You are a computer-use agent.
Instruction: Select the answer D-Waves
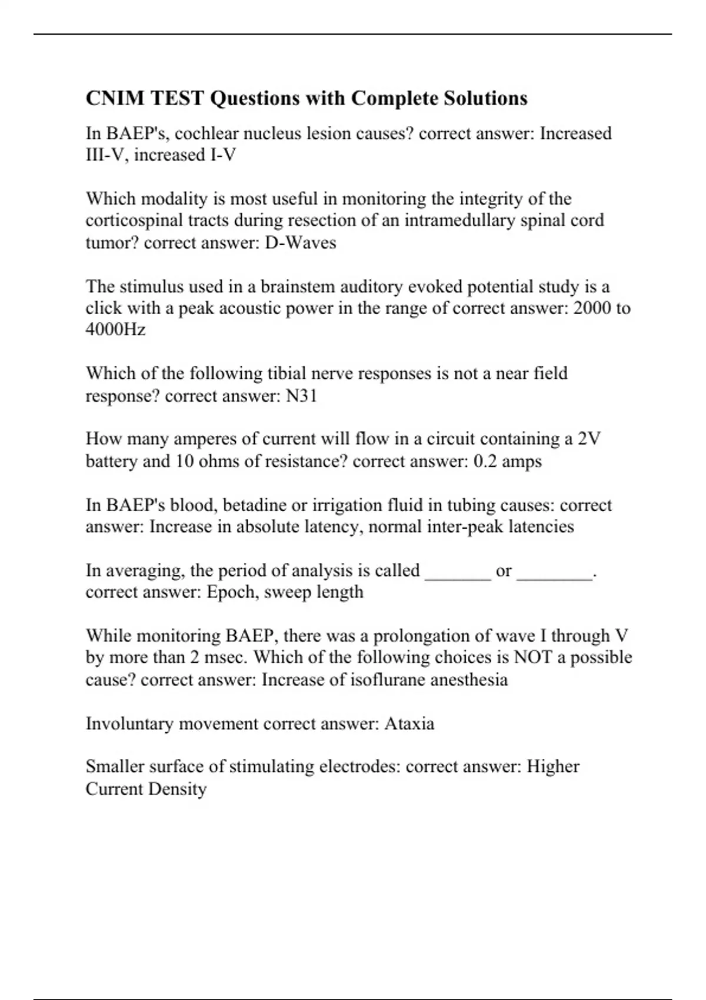coord(301,242)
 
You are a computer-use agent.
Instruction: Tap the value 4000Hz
coord(115,329)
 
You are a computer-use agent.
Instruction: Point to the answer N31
coord(301,396)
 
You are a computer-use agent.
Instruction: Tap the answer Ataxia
coord(409,723)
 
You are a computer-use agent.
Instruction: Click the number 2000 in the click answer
coord(592,308)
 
